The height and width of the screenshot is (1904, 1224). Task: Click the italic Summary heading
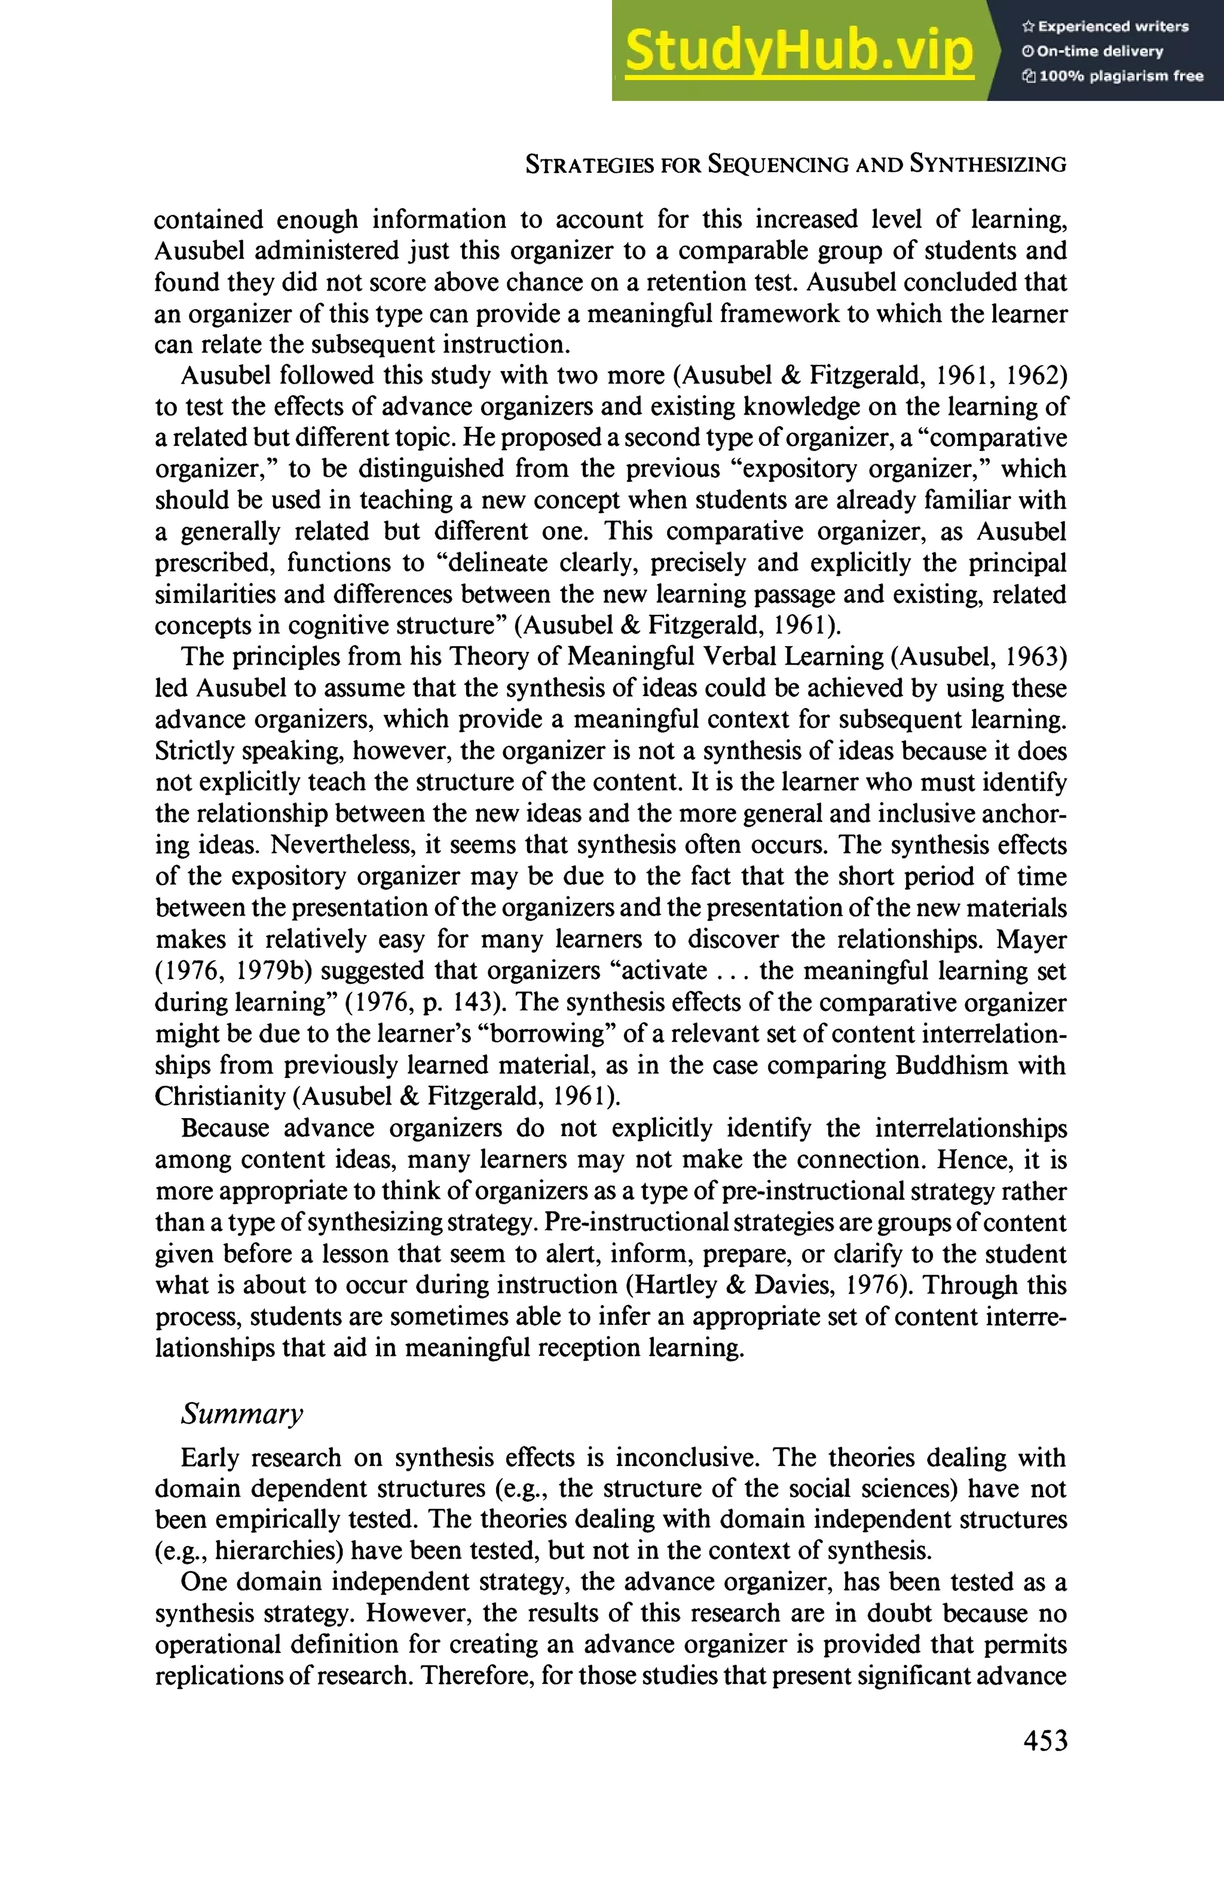pyautogui.click(x=241, y=1413)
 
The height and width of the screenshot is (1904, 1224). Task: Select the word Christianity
pyautogui.click(x=219, y=1097)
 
